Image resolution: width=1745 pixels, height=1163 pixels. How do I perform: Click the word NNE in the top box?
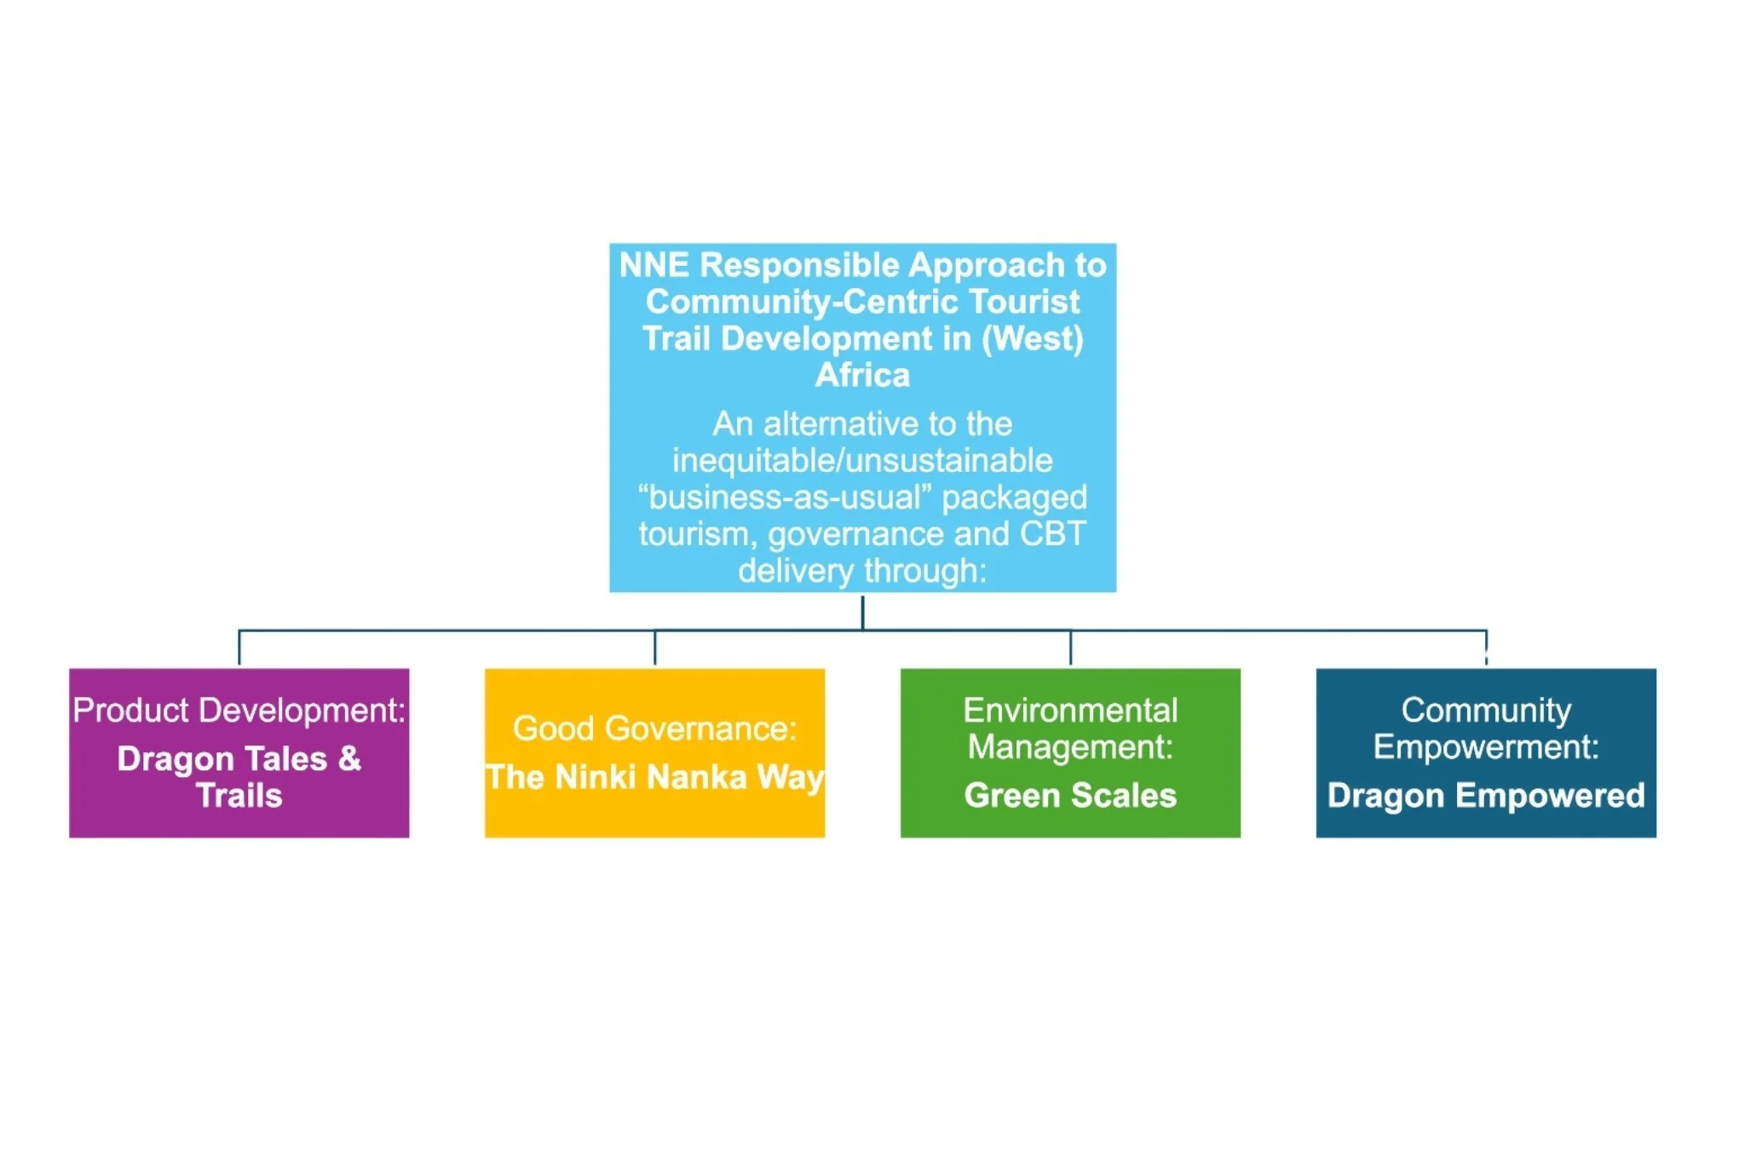click(x=654, y=265)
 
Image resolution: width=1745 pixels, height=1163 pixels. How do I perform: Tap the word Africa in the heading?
click(x=862, y=376)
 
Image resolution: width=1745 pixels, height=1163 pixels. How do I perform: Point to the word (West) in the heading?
click(x=1033, y=339)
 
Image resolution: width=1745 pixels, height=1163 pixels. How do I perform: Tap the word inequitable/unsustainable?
click(x=862, y=461)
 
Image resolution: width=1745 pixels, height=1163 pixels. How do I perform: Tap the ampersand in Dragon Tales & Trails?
click(x=349, y=758)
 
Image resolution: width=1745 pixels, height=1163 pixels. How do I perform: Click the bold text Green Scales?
click(x=1070, y=796)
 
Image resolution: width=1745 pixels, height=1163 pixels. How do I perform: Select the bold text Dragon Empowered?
click(x=1486, y=796)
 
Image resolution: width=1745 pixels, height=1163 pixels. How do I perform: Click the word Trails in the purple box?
click(x=239, y=796)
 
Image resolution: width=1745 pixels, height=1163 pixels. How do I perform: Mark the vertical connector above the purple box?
click(x=239, y=648)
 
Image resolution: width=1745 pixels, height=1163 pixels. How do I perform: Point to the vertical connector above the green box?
click(x=1070, y=648)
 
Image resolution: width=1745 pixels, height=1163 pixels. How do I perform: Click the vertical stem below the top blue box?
click(x=862, y=612)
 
